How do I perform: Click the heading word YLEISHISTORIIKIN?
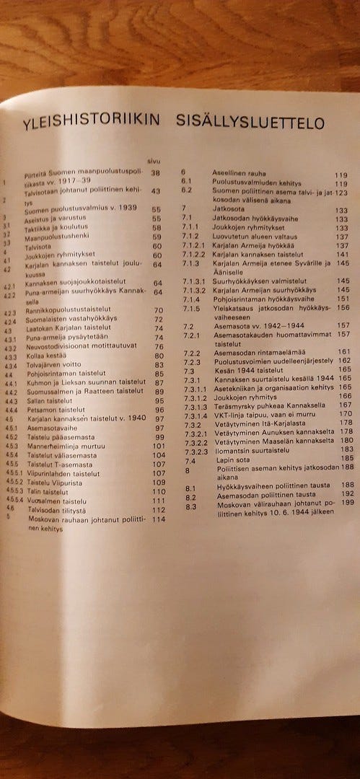tap(91, 124)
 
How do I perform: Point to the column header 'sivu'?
tap(153, 162)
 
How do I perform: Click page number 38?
tap(154, 173)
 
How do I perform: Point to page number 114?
tap(159, 519)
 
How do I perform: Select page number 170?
tap(346, 413)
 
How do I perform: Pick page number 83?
tap(159, 365)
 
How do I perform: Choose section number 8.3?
tap(190, 506)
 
